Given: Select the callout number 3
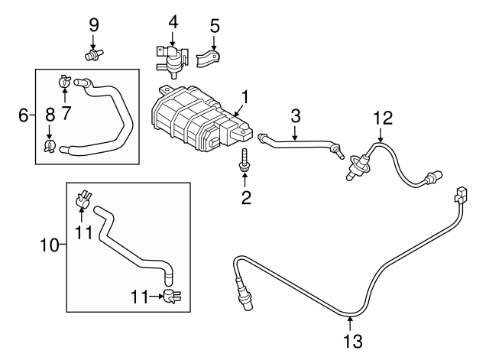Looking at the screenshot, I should (296, 116).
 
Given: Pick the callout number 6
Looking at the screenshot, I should (24, 115).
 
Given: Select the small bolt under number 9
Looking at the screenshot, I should (95, 54).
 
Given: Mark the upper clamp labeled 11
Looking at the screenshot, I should (83, 200).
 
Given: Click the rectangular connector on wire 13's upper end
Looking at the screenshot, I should (461, 196).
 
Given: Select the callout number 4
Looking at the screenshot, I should (173, 21).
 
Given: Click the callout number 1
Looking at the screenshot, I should (245, 97).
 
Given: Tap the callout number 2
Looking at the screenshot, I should (245, 199).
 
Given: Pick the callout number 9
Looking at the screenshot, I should (94, 24).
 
